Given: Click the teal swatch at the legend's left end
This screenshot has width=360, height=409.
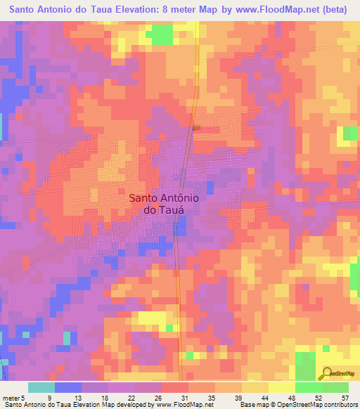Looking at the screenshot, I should tap(41, 387).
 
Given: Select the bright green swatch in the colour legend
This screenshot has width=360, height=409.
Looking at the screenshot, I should tap(308, 387).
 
